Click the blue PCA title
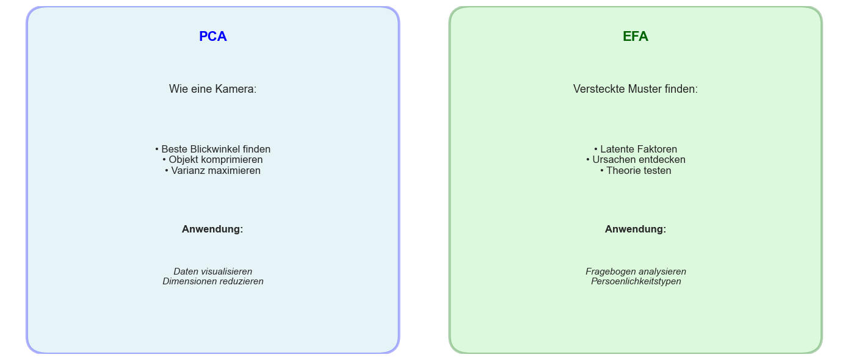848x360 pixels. (212, 37)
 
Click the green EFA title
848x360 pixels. (635, 37)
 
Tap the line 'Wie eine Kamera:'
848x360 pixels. (212, 89)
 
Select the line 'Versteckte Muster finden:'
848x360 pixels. (635, 89)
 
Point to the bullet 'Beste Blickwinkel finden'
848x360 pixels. (212, 149)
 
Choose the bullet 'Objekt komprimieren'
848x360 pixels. (212, 160)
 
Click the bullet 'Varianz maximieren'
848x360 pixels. (212, 171)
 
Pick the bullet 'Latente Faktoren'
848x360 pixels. (635, 149)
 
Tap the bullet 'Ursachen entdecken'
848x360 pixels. (635, 160)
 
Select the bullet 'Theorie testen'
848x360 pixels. (635, 171)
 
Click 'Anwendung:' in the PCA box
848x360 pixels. (212, 229)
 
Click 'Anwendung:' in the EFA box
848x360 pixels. (635, 229)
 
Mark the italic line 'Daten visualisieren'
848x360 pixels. (212, 272)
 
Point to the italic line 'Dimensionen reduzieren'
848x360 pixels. (212, 282)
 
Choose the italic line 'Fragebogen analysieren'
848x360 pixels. (636, 272)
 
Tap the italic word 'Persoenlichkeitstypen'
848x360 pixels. (636, 282)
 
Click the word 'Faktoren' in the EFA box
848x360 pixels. (657, 149)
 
